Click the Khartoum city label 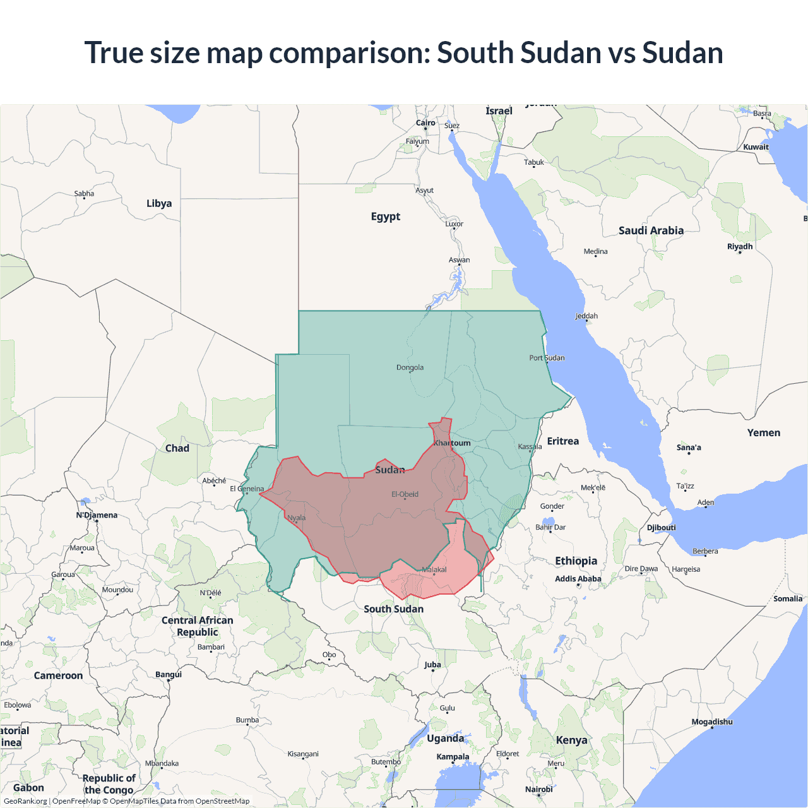(452, 443)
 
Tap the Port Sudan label (547, 358)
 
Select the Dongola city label (410, 367)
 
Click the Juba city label (432, 665)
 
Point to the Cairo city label (425, 123)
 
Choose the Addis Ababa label (578, 579)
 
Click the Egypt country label (386, 217)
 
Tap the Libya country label (159, 203)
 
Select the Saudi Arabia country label (651, 230)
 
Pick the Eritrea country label (562, 441)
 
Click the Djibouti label (661, 528)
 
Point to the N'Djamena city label (97, 515)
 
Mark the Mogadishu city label (712, 722)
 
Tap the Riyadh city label (740, 246)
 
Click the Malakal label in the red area (434, 569)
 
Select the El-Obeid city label (405, 494)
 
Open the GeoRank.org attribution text (25, 801)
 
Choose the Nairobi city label (538, 789)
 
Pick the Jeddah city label (586, 316)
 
